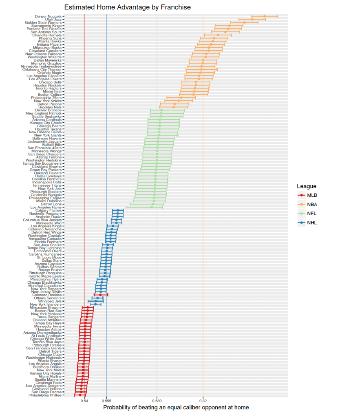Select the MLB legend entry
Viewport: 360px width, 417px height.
coord(312,195)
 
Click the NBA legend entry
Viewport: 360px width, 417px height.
coord(312,205)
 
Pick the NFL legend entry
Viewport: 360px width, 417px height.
coord(312,214)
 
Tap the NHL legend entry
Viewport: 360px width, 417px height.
coord(312,223)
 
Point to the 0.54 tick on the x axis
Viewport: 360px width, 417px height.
coord(84,401)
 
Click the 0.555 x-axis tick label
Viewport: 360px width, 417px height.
coord(106,401)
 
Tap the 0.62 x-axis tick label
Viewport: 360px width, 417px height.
coord(203,401)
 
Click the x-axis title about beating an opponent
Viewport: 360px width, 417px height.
coord(176,408)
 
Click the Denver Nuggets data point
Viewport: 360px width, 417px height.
coord(264,16)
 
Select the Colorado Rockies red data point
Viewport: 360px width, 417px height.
coord(100,294)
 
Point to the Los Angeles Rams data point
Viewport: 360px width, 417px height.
coord(152,207)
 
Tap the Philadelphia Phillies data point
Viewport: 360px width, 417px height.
coord(80,395)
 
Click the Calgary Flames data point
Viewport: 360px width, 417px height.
coord(118,210)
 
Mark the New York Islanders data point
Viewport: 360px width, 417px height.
coord(95,304)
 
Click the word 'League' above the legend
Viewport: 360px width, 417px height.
coord(306,186)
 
